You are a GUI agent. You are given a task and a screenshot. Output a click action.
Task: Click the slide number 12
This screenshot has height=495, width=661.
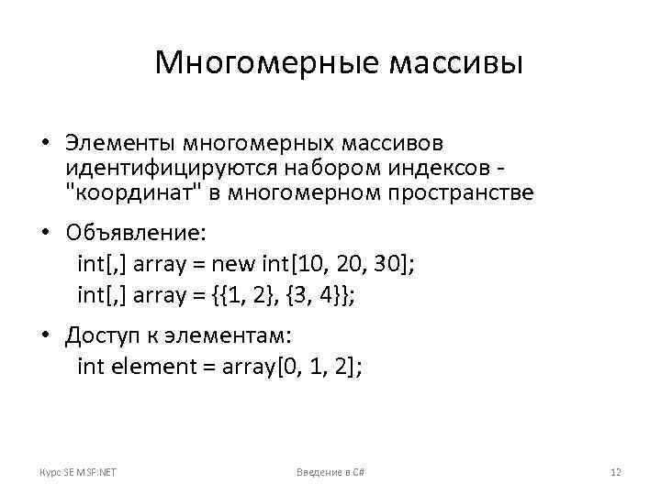pyautogui.click(x=616, y=472)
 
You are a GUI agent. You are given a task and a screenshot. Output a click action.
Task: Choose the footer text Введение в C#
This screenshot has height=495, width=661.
pyautogui.click(x=330, y=472)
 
